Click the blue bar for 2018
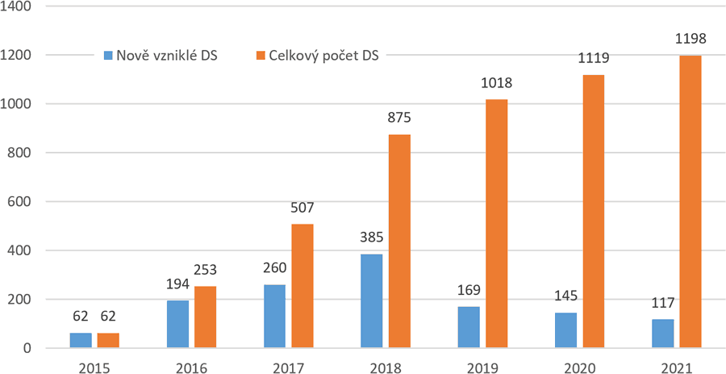[372, 301]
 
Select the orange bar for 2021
[690, 202]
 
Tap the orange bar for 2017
[302, 286]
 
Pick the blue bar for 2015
[81, 341]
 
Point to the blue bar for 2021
[662, 334]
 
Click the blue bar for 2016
[177, 325]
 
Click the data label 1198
[690, 39]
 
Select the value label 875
[400, 118]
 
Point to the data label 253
[206, 270]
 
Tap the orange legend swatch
[261, 56]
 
